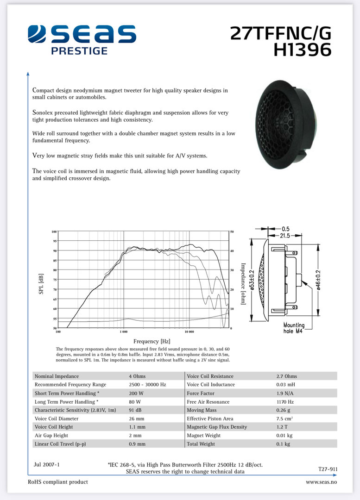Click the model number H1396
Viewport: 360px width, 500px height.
303,50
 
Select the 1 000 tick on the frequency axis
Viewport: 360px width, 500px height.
124,332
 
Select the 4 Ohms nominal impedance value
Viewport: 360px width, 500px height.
137,376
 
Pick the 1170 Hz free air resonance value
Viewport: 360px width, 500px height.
285,401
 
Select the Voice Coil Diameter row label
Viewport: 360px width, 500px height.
57,418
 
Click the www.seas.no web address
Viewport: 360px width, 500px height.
321,482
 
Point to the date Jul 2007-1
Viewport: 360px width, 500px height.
46,464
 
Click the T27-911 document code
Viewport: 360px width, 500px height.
328,469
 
